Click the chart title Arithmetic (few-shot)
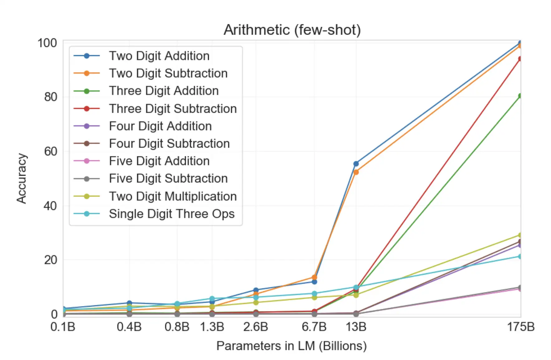click(x=292, y=30)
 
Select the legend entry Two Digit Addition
click(x=159, y=56)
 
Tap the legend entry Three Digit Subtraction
click(x=173, y=109)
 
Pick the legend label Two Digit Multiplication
click(x=173, y=197)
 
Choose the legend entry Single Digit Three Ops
click(x=171, y=214)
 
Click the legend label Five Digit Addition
click(x=159, y=161)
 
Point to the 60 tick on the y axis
click(x=50, y=151)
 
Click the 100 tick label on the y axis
click(x=47, y=43)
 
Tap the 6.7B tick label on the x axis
click(x=314, y=327)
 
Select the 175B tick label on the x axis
click(x=520, y=327)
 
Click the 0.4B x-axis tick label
click(x=129, y=327)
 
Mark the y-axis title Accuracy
click(x=22, y=178)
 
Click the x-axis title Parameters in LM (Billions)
click(x=291, y=346)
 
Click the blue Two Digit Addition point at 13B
click(x=356, y=163)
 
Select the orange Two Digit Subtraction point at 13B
click(x=356, y=172)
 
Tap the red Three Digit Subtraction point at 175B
click(x=520, y=59)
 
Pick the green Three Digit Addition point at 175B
click(x=520, y=96)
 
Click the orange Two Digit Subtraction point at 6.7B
click(x=314, y=277)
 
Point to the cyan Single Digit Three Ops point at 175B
click(x=520, y=256)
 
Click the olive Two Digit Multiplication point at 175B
click(x=520, y=235)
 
